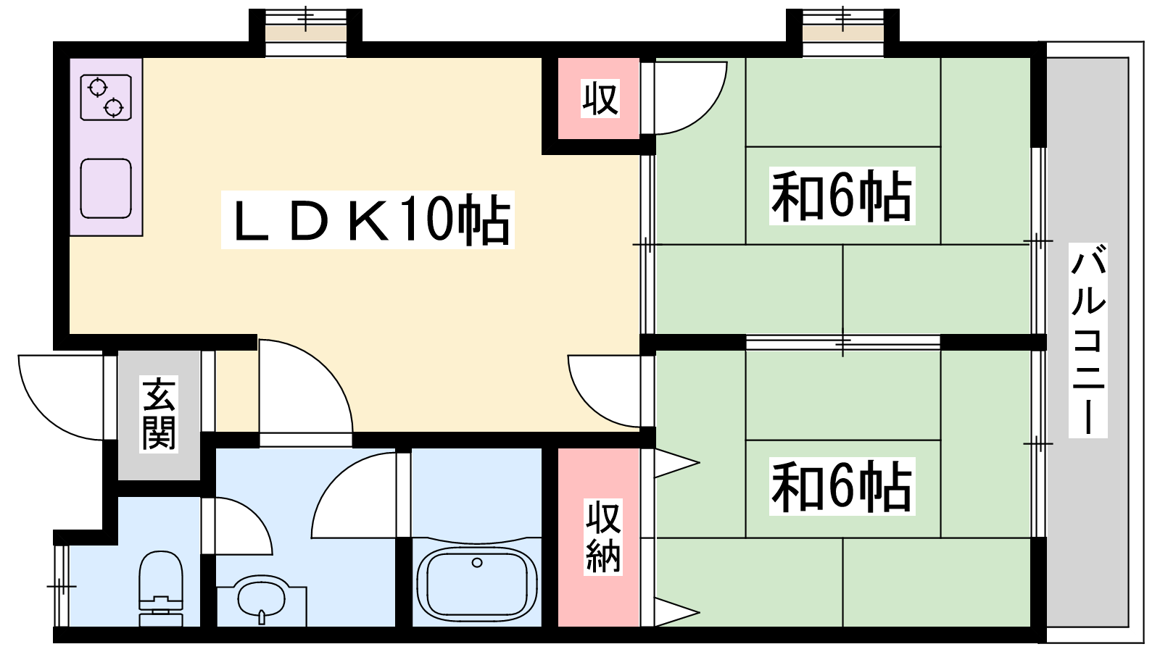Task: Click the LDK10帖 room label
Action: [368, 220]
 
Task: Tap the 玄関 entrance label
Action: [159, 414]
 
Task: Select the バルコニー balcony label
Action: [1088, 340]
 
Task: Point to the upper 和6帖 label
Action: [842, 196]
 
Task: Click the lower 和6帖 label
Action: [842, 486]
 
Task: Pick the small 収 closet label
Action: [600, 99]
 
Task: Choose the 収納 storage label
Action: [603, 537]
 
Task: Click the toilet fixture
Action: [160, 588]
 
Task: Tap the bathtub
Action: [477, 584]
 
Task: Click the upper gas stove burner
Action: [98, 88]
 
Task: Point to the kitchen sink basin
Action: [106, 188]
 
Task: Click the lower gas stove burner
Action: [113, 108]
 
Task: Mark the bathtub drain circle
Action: [477, 562]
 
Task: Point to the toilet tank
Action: [160, 611]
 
